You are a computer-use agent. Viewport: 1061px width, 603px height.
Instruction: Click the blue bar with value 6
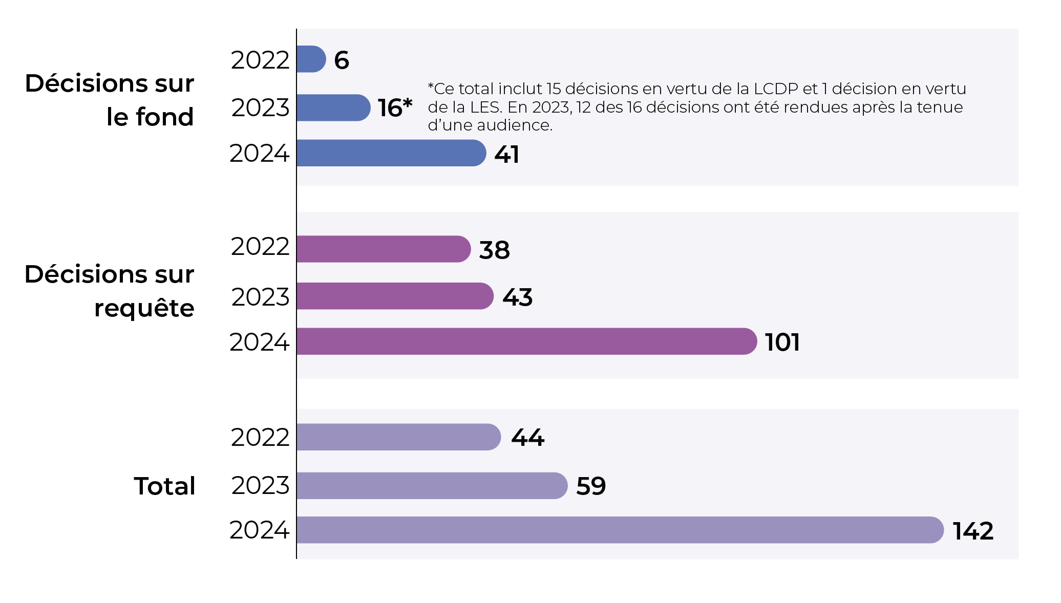tap(311, 59)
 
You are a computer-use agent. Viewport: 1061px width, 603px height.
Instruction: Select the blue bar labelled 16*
tap(333, 107)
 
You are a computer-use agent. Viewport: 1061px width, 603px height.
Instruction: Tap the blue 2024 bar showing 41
tap(391, 153)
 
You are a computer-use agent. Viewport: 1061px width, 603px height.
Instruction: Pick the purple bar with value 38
tap(383, 249)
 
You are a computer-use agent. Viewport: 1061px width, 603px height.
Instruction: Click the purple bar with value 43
tap(394, 296)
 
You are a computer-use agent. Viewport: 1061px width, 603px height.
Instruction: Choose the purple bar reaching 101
tap(526, 341)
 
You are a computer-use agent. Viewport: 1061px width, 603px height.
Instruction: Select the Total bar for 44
tap(398, 437)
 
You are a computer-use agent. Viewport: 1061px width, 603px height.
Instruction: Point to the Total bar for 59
tap(431, 485)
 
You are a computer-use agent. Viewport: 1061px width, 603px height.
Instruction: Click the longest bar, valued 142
tap(620, 530)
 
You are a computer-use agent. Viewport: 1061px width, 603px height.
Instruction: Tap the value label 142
tap(973, 531)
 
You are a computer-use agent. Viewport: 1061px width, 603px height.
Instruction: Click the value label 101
tap(782, 342)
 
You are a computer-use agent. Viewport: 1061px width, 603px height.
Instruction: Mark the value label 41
tap(506, 154)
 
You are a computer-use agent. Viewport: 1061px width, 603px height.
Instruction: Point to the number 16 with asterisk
tap(395, 107)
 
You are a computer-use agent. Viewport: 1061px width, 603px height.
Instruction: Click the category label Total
tap(164, 486)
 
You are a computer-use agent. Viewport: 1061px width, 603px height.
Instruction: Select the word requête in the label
tap(144, 308)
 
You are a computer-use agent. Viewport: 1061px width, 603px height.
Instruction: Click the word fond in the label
tap(164, 117)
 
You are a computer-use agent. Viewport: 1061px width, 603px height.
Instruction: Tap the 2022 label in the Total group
tap(260, 437)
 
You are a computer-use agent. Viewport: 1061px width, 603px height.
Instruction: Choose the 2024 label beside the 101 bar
tap(259, 342)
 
